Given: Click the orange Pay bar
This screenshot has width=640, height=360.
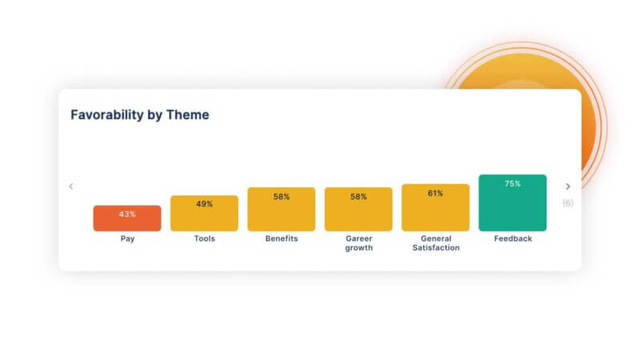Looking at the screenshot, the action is coord(127,218).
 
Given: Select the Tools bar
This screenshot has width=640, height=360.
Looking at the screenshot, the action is coord(204,214).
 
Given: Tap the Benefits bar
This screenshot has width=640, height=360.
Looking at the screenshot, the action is coord(282,210).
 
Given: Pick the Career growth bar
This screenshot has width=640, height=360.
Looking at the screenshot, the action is coord(358,210).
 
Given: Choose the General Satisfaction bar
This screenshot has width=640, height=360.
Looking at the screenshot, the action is coord(435,208).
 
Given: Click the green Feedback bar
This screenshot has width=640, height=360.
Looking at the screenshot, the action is coord(513,203).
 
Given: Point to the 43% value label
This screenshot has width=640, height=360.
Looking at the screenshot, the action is coord(127,214).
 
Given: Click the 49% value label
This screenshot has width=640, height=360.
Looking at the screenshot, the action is coord(205,204).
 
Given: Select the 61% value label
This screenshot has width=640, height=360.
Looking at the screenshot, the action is coord(435,194).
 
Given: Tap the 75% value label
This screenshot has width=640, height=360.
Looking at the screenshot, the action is coord(513,184).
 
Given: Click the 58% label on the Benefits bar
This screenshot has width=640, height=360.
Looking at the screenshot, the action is coord(282,197).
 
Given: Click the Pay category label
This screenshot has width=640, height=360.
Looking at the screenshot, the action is coord(127,238).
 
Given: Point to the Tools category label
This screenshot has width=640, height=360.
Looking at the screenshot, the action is coord(205,238).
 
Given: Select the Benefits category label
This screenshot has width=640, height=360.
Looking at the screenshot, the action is coord(282,238).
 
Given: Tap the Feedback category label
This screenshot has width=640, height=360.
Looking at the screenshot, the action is coord(513,238).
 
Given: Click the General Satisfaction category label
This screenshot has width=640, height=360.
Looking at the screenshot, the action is coord(436,243).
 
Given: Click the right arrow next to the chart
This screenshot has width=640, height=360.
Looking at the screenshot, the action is coord(568,186).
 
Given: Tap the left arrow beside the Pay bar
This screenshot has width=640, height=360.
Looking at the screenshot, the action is coord(71,186).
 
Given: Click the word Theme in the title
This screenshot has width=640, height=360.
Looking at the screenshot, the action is coord(188,114).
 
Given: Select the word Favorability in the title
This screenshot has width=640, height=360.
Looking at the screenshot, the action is coord(107,115).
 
